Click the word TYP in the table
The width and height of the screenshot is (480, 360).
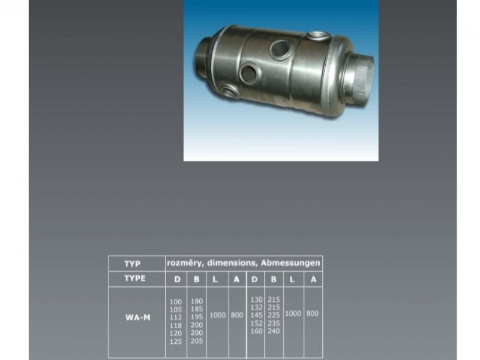click(132, 263)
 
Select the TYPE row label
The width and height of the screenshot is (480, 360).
click(134, 278)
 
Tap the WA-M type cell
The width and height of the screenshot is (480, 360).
click(138, 317)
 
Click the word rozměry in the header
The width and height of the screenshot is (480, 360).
click(185, 263)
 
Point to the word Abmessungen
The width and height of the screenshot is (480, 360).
click(290, 263)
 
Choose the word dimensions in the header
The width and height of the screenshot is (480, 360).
click(232, 263)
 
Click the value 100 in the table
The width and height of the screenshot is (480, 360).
click(176, 302)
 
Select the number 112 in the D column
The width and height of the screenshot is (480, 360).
click(176, 317)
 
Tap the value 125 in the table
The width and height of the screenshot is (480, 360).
click(176, 341)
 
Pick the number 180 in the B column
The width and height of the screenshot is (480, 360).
click(197, 301)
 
